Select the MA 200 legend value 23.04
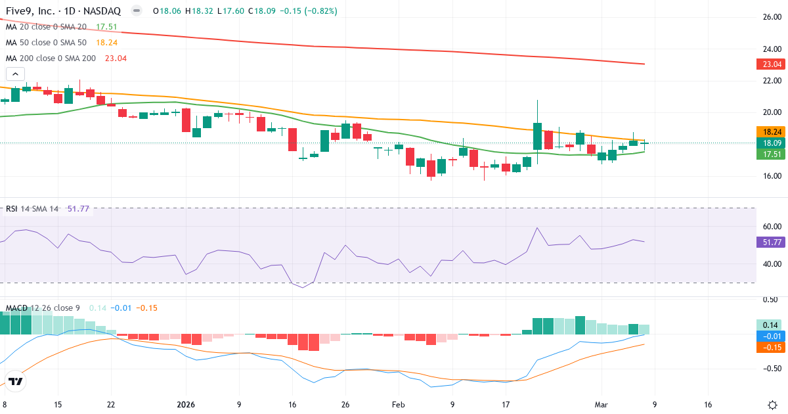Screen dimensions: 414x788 [x=115, y=58]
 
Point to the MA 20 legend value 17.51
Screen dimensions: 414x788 [x=106, y=27]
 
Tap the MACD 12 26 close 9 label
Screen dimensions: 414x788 [x=43, y=308]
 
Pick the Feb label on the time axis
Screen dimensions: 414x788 [x=398, y=405]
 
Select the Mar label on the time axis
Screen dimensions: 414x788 [x=602, y=405]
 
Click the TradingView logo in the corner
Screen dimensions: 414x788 [x=16, y=381]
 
